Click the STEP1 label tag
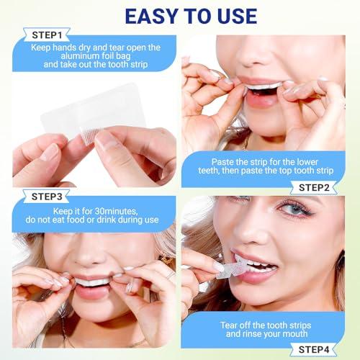point(48,34)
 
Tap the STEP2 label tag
point(315,188)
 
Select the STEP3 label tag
point(48,196)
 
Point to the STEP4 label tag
point(315,349)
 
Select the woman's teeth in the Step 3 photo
point(91,282)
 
